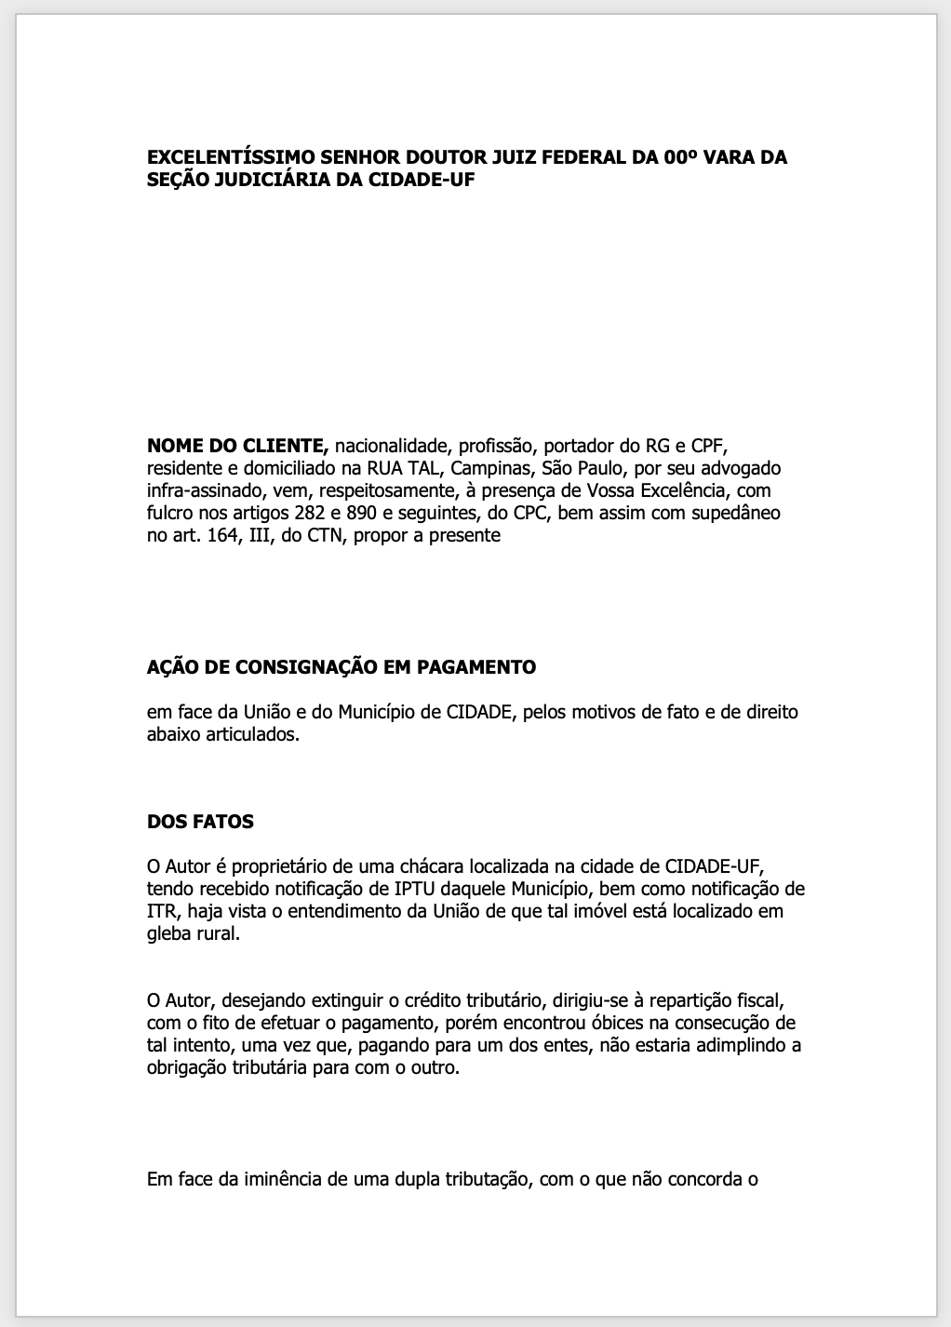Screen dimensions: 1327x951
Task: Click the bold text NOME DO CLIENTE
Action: click(x=237, y=445)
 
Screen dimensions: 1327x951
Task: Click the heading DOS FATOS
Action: click(x=200, y=822)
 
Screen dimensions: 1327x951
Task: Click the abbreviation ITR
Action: click(x=161, y=911)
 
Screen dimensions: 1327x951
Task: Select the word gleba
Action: click(x=168, y=933)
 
